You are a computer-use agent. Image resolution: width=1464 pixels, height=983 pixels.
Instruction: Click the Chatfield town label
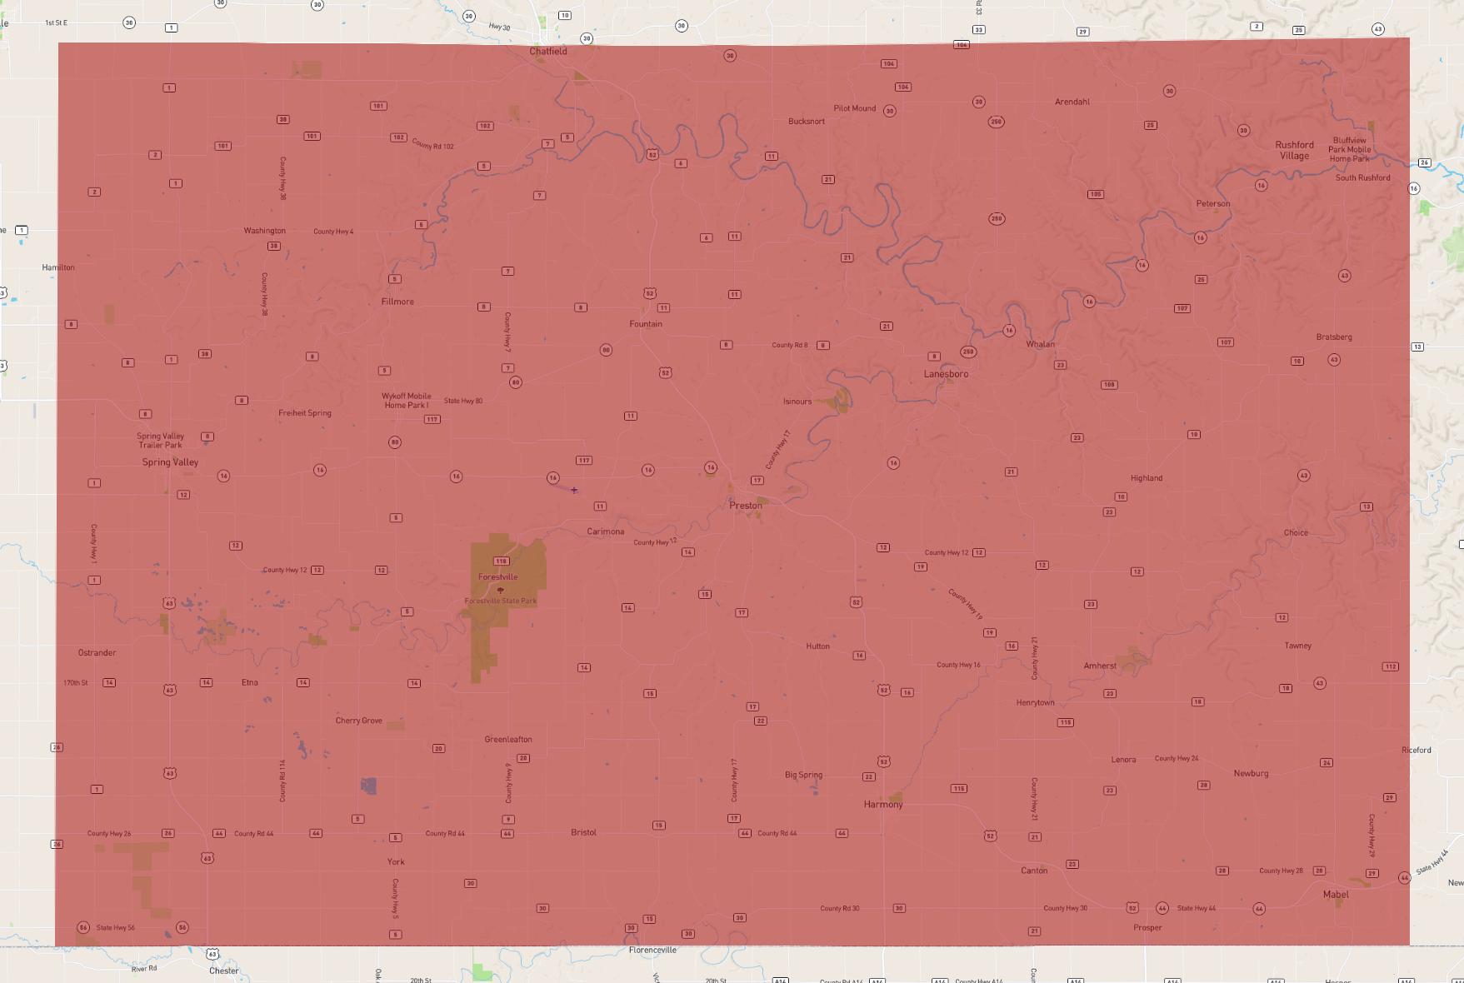(548, 52)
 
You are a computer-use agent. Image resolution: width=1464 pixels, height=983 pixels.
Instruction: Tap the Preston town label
(746, 506)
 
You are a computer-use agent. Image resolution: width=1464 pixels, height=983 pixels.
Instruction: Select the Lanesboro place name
(946, 374)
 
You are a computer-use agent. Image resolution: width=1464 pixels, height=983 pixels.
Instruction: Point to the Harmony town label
(883, 805)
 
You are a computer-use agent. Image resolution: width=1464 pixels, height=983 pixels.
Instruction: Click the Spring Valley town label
(170, 462)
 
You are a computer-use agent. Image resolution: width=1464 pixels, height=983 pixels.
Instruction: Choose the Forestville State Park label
(501, 601)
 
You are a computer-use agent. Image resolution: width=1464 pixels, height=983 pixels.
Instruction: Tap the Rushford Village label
(1294, 151)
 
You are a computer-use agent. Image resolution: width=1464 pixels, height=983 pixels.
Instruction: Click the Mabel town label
(1336, 895)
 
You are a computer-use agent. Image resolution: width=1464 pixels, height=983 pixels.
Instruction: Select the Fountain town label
(646, 324)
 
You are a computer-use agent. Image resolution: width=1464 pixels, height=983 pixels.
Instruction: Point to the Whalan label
(1040, 344)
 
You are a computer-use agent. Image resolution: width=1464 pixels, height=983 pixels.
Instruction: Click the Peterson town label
(1213, 204)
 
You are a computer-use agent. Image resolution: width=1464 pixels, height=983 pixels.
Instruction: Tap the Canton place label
(1034, 871)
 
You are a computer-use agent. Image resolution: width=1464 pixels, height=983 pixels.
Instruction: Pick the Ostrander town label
(97, 653)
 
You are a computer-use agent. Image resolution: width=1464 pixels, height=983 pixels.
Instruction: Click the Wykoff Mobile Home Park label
(407, 401)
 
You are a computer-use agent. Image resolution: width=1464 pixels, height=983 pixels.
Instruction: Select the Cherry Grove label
(359, 721)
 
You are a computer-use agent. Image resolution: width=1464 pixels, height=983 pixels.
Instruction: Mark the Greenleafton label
(508, 740)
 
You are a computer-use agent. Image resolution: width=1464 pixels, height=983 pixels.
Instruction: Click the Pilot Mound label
(855, 108)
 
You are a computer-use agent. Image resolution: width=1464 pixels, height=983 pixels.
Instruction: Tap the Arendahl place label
(1072, 102)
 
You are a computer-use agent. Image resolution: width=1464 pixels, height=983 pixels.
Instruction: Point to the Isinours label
(797, 402)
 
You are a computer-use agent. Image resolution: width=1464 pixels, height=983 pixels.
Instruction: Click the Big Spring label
(803, 775)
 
